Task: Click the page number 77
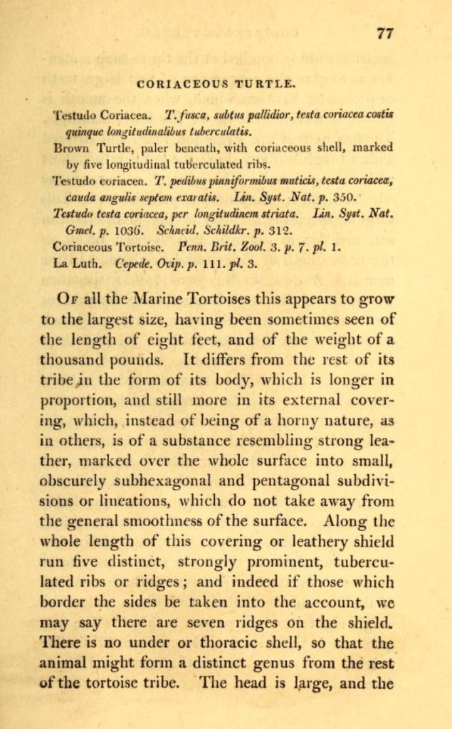click(x=384, y=33)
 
